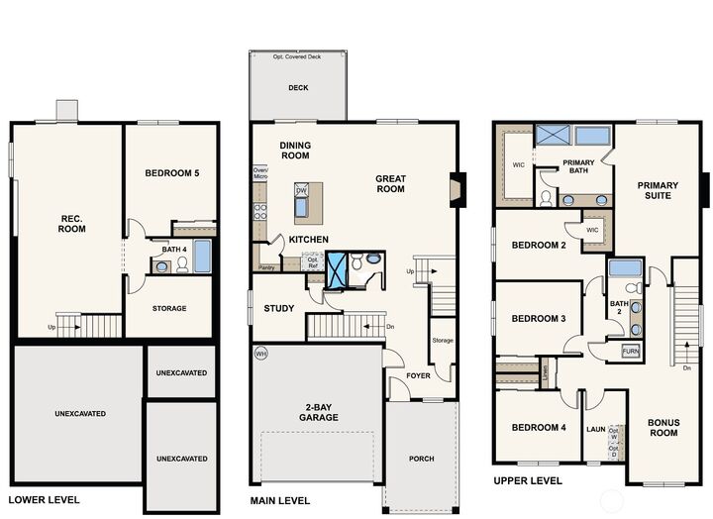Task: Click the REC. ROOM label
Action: pos(71,223)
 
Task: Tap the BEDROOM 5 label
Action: pos(172,173)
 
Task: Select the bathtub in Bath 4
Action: pos(202,257)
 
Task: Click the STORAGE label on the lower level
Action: pos(169,308)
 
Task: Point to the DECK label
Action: pos(298,88)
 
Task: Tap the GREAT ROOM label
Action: pos(390,184)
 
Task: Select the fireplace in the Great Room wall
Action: pos(457,189)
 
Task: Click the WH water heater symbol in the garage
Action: pos(260,353)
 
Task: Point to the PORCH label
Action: pos(421,459)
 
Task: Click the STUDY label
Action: pos(278,308)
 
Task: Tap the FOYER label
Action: pos(418,376)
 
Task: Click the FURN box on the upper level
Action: pos(630,351)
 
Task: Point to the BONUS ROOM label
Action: pos(663,427)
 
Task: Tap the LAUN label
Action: pos(595,429)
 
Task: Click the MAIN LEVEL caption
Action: pos(281,500)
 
